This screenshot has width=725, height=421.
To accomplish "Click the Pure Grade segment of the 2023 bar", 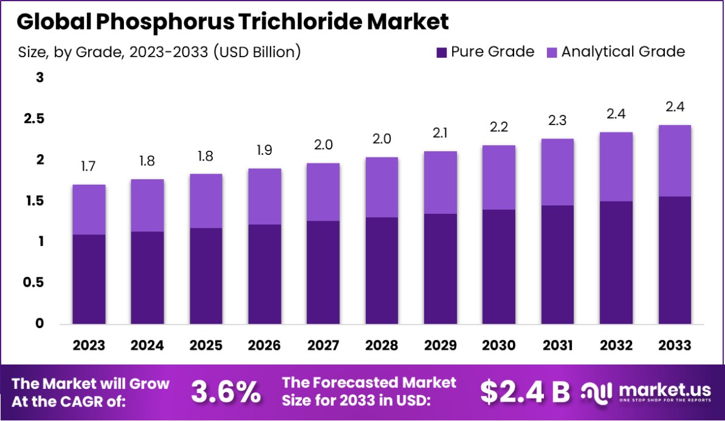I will pyautogui.click(x=89, y=279).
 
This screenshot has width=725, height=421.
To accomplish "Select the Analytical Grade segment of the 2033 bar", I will pyautogui.click(x=675, y=160).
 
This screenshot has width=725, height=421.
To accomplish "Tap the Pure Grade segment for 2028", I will pyautogui.click(x=382, y=270).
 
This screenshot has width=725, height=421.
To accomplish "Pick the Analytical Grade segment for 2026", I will pyautogui.click(x=264, y=196).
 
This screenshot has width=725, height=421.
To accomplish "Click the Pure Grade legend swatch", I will pyautogui.click(x=442, y=52).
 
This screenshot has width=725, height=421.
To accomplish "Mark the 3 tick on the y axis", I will pyautogui.click(x=40, y=78).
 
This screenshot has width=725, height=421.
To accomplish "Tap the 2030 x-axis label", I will pyautogui.click(x=499, y=346).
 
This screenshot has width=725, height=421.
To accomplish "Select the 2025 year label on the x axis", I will pyautogui.click(x=206, y=346).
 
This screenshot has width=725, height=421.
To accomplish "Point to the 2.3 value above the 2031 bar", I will pyautogui.click(x=557, y=121).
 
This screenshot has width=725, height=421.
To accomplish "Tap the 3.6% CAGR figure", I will pyautogui.click(x=225, y=392).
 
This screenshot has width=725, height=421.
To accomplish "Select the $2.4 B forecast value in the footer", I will pyautogui.click(x=524, y=392).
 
